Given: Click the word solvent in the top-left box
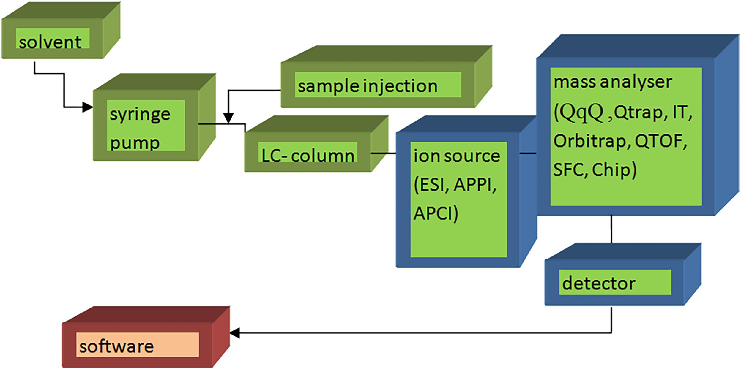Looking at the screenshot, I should pos(50,42).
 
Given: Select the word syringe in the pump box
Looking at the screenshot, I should pos(140,115).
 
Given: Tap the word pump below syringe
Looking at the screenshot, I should pos(135,143).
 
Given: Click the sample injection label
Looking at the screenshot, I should pos(368,86).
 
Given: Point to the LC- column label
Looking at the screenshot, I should pos(308,156).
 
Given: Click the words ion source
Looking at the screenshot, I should pos(457,156).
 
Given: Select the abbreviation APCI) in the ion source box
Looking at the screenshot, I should pos(436,213).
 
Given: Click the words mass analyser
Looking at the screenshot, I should pos(613,82).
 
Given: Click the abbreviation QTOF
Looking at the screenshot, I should pos(660,141).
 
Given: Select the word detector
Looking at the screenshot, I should pos(599,283).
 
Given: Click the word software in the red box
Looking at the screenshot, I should pos(116,346).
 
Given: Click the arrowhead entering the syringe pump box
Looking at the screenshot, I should pos(87,107).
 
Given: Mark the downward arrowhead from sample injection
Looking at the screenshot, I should pos(228,118).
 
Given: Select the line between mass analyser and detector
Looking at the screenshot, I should pos(611,229).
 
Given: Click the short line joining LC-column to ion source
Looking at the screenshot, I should pos(383,153).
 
